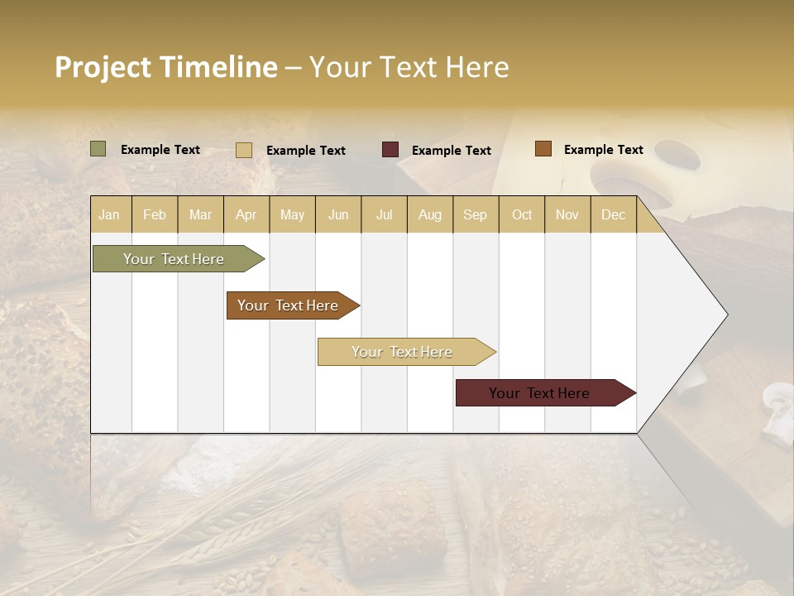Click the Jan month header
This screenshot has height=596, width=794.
click(109, 214)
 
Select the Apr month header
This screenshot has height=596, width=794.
click(246, 214)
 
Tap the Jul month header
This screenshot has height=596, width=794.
click(384, 214)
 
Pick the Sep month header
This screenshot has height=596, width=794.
click(475, 214)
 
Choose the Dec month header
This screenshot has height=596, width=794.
click(613, 214)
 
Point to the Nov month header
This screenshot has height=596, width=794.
click(567, 214)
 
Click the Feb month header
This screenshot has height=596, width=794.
click(155, 214)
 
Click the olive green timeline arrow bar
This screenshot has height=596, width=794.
click(174, 259)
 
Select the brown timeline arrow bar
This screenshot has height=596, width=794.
click(288, 305)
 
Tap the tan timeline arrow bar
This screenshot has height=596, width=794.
click(402, 352)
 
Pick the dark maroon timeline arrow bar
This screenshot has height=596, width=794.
click(539, 393)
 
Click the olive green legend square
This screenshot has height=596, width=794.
click(98, 149)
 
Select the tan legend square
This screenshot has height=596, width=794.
click(244, 150)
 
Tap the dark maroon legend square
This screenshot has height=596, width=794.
click(390, 150)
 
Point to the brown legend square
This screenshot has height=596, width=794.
click(543, 149)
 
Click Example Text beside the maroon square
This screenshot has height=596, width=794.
click(451, 151)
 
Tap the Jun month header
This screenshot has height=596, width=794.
click(338, 214)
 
